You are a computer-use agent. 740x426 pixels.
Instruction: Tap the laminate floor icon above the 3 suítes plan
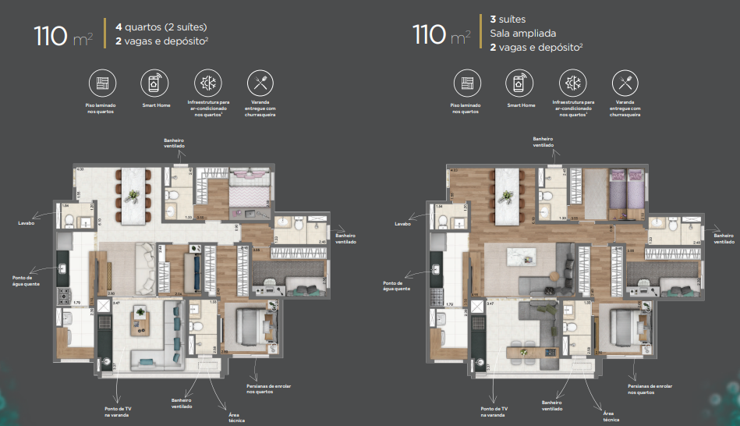point(466,83)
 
